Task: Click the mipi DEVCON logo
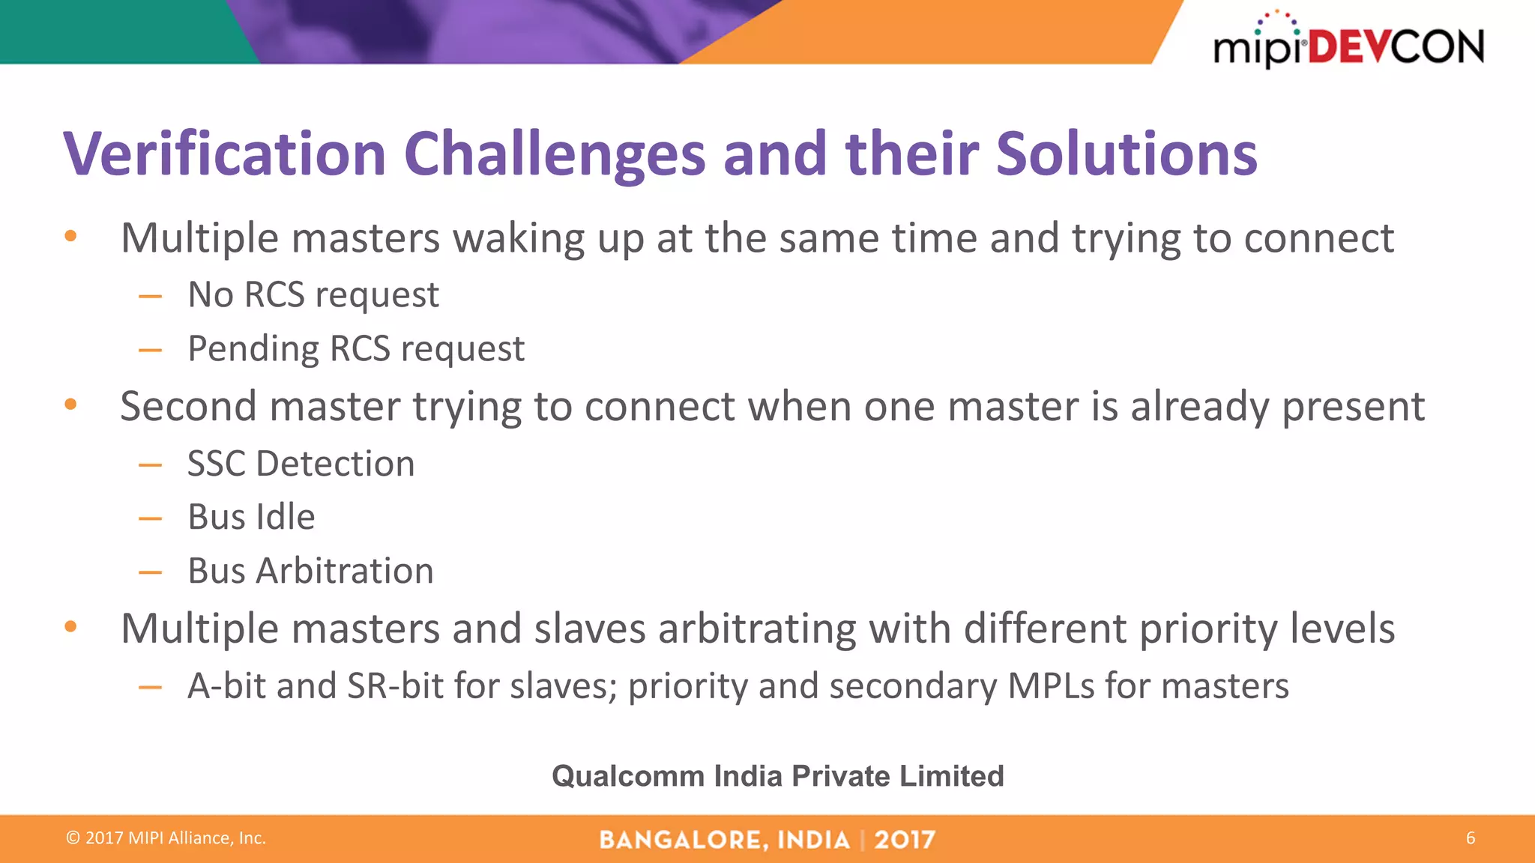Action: coord(1348,43)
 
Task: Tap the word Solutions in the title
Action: coord(1126,154)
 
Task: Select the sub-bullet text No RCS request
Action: coord(313,294)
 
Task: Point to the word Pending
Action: coord(253,349)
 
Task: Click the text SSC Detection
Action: coord(301,464)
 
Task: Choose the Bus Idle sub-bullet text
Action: coord(251,517)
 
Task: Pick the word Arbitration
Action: coord(345,571)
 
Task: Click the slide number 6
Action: coord(1470,838)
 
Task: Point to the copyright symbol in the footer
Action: coord(73,838)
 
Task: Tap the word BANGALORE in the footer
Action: coord(684,840)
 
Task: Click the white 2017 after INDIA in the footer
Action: coord(904,840)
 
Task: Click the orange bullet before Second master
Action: coord(70,405)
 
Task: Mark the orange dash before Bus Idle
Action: coord(150,518)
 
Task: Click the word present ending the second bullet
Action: coord(1353,407)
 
